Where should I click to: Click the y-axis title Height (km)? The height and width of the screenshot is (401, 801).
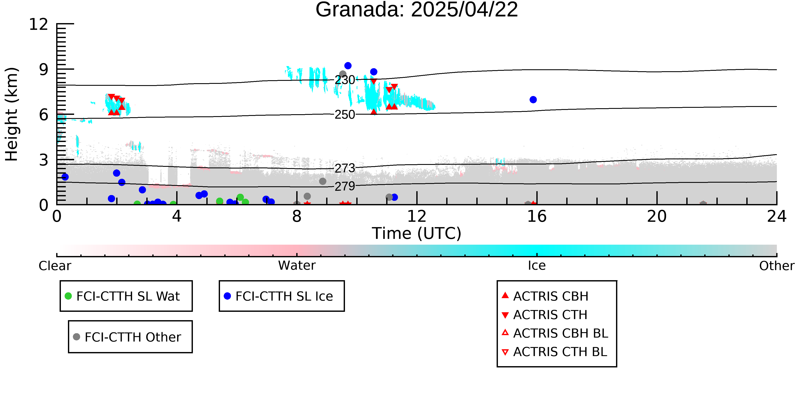12,114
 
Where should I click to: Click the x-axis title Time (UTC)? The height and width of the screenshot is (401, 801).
417,234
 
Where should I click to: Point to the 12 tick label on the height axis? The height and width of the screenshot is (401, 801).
39,24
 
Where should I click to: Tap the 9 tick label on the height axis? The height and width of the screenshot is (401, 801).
44,70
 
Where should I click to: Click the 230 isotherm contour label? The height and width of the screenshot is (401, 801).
345,80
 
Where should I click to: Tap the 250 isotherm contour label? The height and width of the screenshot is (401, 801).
345,115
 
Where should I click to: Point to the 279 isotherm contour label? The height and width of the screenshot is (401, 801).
345,186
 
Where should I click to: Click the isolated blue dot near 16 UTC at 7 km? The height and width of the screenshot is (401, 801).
533,100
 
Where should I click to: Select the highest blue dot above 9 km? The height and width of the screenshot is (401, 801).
348,66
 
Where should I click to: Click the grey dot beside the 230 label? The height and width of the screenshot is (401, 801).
343,74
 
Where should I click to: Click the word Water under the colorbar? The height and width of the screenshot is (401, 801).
297,266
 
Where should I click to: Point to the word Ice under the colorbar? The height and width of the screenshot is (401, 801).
537,266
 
